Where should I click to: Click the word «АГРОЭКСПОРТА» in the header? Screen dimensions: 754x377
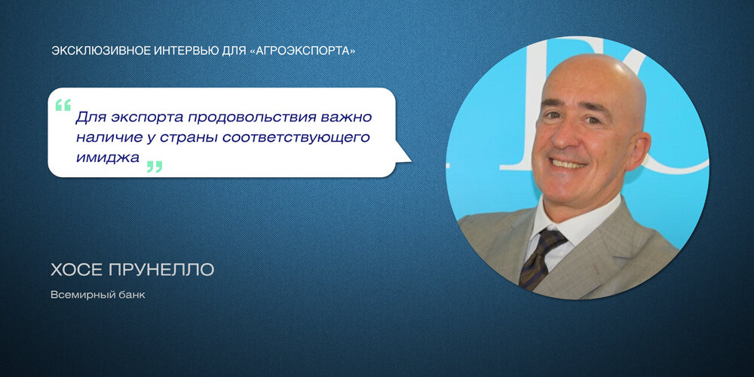point(303,51)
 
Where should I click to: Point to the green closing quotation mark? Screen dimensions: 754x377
point(155,167)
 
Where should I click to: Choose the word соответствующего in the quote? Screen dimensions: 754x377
point(296,138)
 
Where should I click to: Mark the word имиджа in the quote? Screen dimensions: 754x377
point(108,158)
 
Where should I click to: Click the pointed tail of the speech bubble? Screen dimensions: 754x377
point(409,160)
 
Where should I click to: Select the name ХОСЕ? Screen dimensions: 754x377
point(76,270)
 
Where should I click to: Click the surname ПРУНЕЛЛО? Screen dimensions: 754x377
point(161,270)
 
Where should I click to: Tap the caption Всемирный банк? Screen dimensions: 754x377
point(97,295)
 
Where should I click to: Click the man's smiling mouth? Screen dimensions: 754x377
point(568,164)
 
